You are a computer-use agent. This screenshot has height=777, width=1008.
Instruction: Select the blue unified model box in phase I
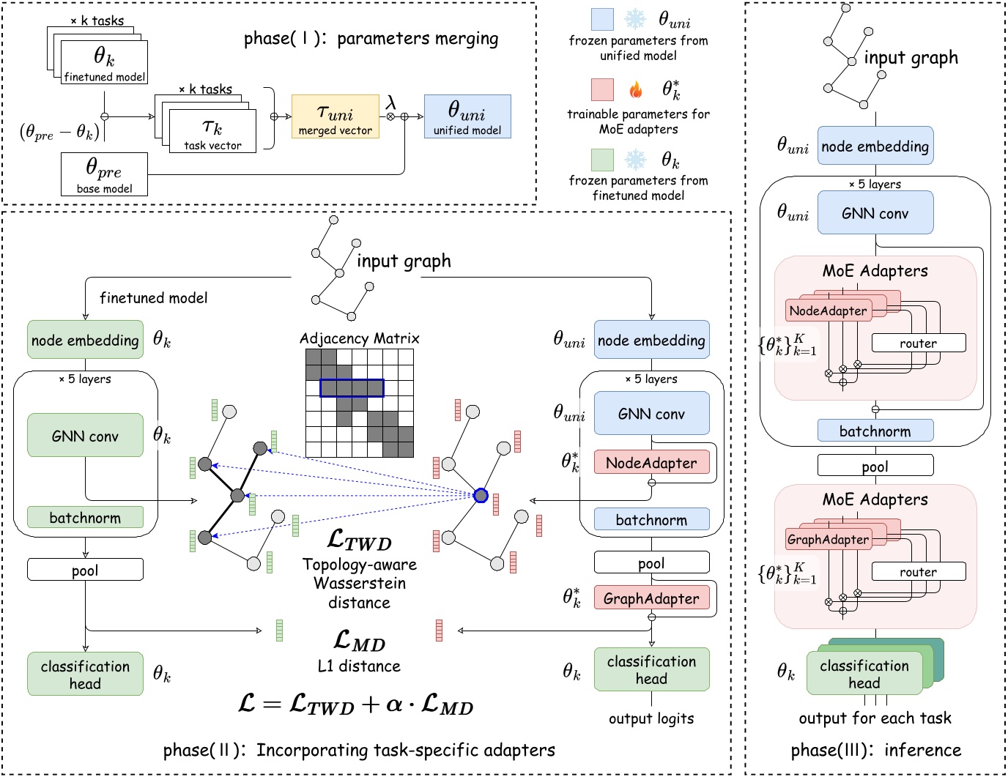coord(467,116)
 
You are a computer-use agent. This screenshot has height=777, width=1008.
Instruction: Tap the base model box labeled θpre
coord(104,174)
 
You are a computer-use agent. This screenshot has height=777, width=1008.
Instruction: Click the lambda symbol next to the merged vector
coord(390,103)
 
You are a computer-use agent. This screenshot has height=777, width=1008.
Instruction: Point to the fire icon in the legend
coord(636,90)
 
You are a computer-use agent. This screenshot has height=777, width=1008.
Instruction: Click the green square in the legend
coord(602,160)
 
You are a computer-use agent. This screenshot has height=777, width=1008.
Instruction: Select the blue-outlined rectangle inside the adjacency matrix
coord(352,388)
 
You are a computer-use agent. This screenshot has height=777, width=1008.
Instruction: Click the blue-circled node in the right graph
coord(481,496)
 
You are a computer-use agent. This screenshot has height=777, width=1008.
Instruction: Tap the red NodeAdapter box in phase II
coord(651,463)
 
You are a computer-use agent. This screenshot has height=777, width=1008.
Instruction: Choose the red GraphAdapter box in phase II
coord(651,598)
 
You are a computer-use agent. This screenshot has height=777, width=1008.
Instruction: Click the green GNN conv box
coord(85,436)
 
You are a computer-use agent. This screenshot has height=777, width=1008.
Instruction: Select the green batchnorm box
coord(85,518)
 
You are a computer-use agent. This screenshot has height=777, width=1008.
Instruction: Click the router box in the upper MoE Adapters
coord(918,343)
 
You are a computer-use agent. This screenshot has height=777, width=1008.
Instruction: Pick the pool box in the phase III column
coord(875,466)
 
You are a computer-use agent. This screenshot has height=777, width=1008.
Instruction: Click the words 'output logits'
coord(651,718)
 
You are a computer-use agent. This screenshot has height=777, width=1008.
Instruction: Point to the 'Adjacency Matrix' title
coord(359,338)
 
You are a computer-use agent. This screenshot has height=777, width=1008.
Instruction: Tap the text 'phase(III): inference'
coord(875,750)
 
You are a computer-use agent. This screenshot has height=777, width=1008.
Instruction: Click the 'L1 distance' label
coord(359,666)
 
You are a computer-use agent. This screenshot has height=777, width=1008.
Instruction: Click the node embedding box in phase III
coord(875,146)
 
